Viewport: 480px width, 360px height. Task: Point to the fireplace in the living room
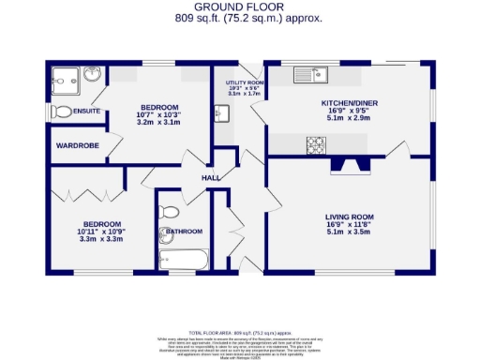(x=350, y=166)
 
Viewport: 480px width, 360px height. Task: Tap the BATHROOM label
(x=184, y=232)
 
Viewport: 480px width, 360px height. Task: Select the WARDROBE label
(x=71, y=145)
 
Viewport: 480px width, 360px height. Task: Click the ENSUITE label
(x=86, y=112)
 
